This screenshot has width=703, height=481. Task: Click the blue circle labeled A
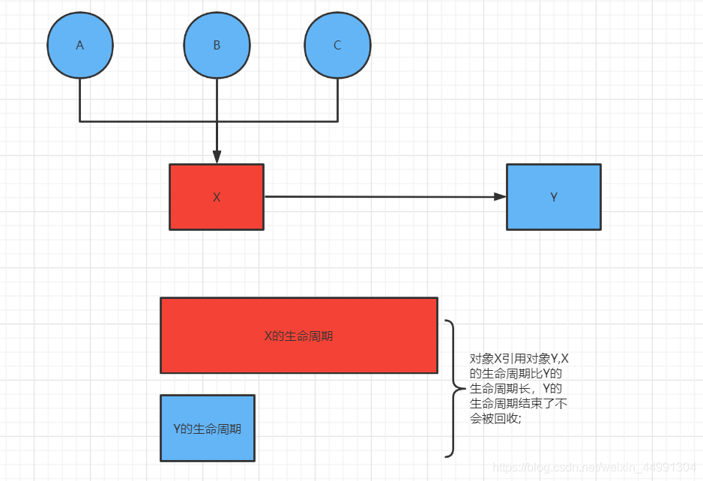tap(80, 45)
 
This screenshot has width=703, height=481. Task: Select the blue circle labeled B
tap(217, 45)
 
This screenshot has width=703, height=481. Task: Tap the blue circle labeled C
tap(337, 45)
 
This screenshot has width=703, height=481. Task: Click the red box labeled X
tap(217, 197)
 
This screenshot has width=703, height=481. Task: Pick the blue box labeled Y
tap(554, 197)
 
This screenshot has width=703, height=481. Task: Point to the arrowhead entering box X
tap(217, 157)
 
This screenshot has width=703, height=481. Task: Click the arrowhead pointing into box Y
tap(500, 197)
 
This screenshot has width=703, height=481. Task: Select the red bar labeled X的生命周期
tap(298, 336)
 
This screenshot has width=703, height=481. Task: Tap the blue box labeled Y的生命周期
tap(208, 429)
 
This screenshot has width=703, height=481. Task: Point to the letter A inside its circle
tap(80, 45)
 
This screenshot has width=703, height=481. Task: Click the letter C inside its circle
tap(337, 45)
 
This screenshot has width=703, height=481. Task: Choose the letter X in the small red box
tap(217, 198)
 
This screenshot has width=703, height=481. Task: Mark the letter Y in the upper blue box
tap(554, 198)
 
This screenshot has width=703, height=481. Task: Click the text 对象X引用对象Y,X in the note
tap(519, 359)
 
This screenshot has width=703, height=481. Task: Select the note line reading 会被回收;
tap(495, 419)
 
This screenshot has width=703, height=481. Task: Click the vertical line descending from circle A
tap(80, 100)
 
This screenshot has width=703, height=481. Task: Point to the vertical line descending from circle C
tap(337, 100)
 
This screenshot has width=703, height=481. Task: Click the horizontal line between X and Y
tap(382, 197)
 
